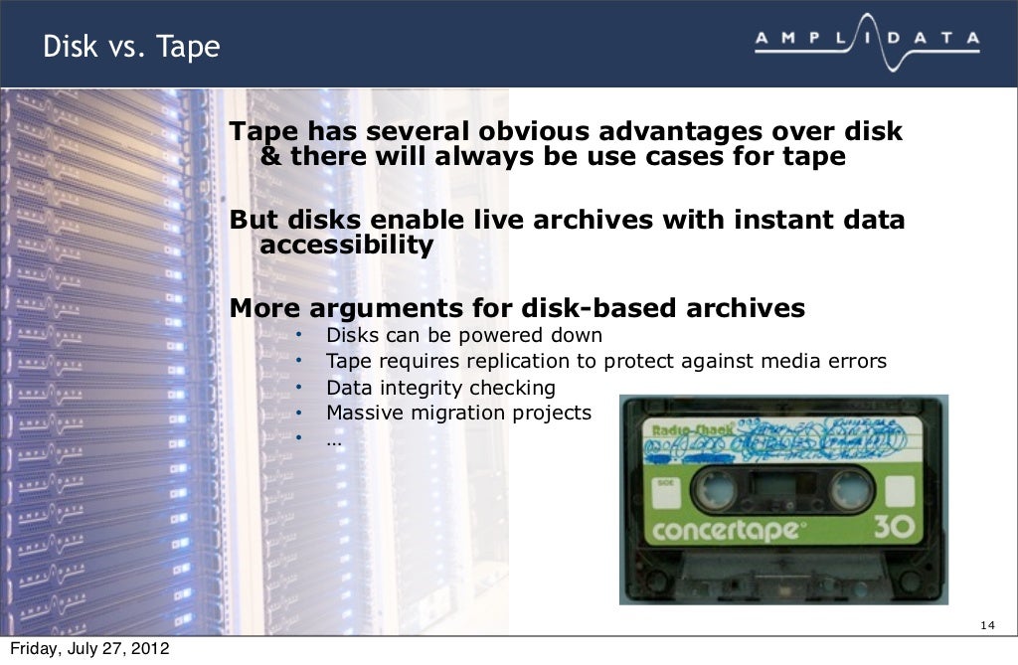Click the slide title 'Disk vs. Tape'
[130, 46]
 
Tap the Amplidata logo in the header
[866, 41]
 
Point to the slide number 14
[986, 624]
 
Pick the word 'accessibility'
[346, 246]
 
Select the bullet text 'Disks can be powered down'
[464, 335]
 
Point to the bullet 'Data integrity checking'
[440, 388]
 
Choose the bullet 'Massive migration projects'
[458, 412]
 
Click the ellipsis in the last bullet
[334, 435]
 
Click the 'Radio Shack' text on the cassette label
[691, 430]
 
